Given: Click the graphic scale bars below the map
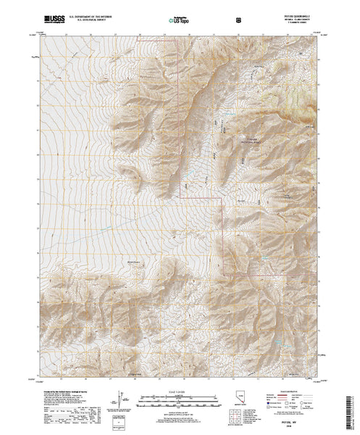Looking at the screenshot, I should coord(176,399).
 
